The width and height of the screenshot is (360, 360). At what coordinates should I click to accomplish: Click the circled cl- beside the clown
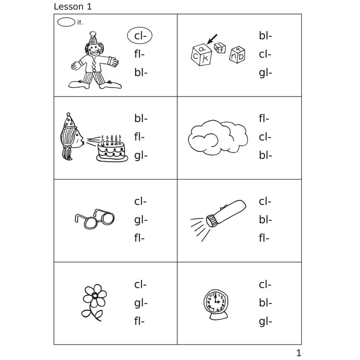tap(140, 36)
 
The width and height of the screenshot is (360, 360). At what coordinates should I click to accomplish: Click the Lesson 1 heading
tap(73, 7)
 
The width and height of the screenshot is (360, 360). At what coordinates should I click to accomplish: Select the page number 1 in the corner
tap(299, 353)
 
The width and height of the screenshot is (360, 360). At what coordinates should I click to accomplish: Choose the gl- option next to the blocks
tap(265, 73)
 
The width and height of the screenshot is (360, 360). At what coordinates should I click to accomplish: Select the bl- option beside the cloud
tap(265, 155)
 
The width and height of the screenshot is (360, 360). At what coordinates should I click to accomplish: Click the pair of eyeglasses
tap(95, 219)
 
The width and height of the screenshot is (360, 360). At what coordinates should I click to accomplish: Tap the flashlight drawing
tap(220, 213)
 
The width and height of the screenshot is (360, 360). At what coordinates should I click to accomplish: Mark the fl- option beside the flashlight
tap(264, 238)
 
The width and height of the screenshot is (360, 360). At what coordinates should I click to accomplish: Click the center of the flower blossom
tap(95, 295)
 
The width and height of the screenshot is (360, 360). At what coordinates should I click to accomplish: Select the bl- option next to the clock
tap(265, 303)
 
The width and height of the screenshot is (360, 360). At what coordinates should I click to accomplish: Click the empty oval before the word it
tap(66, 22)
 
